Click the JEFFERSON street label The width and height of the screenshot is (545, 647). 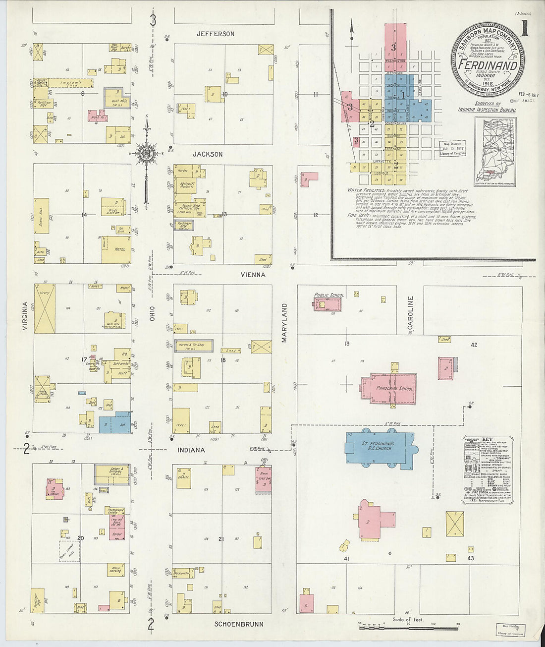[x=215, y=34]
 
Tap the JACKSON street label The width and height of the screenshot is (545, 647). [x=208, y=154]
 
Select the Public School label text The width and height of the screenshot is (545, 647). [x=329, y=295]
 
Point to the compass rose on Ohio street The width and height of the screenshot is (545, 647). [x=147, y=151]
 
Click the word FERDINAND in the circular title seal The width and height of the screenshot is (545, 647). [x=488, y=66]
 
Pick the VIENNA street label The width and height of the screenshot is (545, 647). [x=253, y=274]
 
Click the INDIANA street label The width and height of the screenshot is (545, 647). [x=191, y=450]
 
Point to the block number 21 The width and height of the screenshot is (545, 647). [x=221, y=539]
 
